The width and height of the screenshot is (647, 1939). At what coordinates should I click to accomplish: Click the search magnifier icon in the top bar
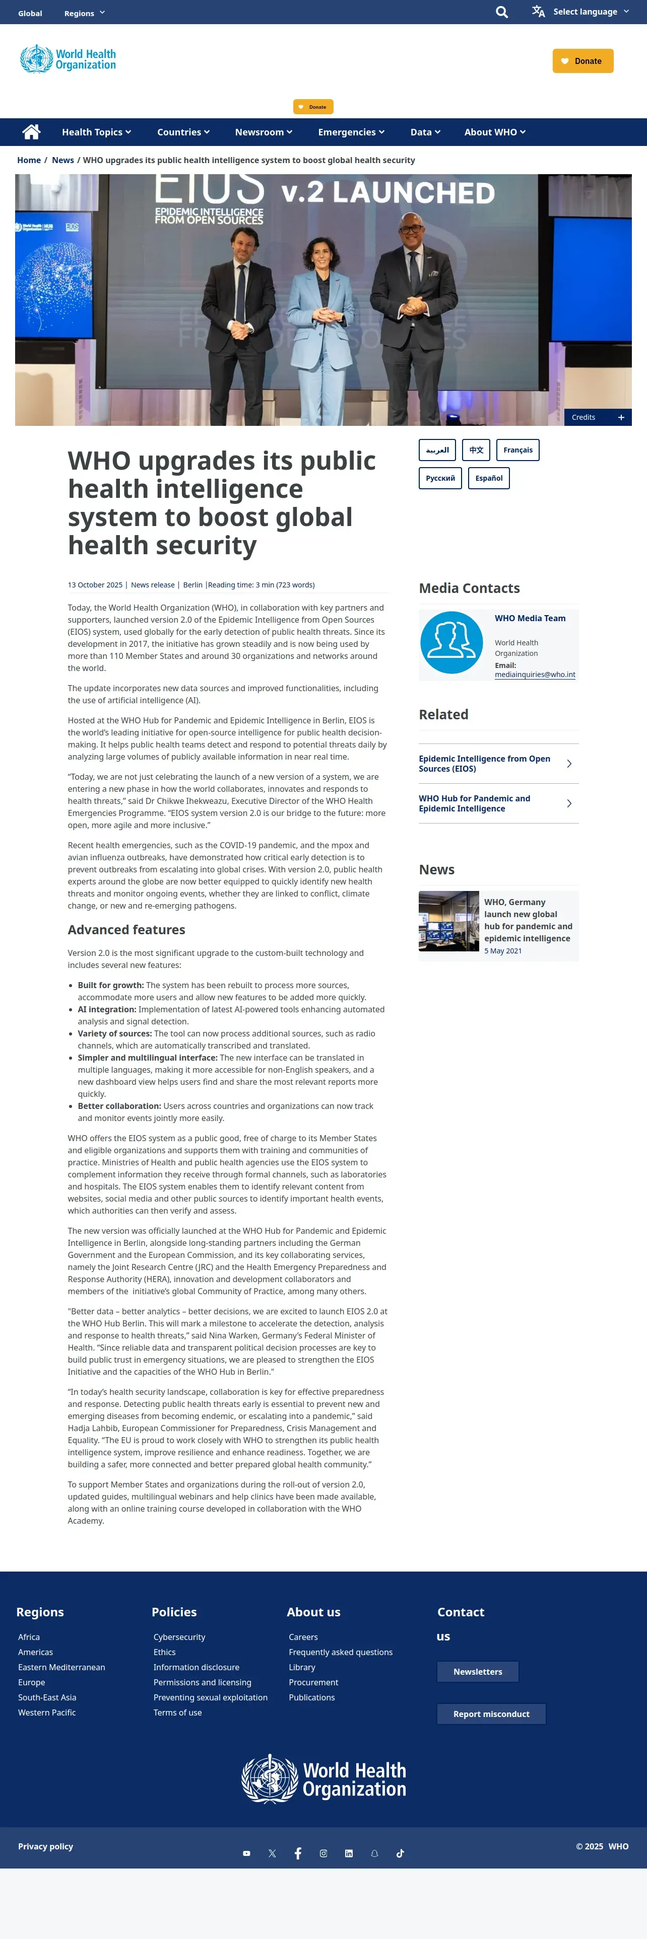click(502, 12)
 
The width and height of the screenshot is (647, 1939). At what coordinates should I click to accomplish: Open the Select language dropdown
click(580, 12)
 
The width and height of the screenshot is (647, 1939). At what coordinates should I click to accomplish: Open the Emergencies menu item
click(351, 132)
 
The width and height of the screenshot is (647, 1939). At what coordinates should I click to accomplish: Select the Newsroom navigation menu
click(263, 132)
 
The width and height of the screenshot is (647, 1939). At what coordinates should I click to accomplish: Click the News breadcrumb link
click(62, 161)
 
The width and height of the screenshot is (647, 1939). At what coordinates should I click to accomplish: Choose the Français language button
click(517, 450)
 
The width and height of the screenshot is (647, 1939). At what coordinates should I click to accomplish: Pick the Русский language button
click(440, 478)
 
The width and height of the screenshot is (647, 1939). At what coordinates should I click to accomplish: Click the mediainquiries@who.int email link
click(535, 675)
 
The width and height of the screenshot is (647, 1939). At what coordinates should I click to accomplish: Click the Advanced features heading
click(126, 930)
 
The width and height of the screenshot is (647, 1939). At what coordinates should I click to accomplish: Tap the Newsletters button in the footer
click(478, 1672)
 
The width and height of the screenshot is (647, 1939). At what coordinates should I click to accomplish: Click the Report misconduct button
click(491, 1714)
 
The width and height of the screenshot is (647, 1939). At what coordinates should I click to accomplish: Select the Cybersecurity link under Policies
click(179, 1637)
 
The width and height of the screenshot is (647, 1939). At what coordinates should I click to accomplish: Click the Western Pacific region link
click(47, 1712)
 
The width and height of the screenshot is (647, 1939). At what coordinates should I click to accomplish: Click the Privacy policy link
click(46, 1846)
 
